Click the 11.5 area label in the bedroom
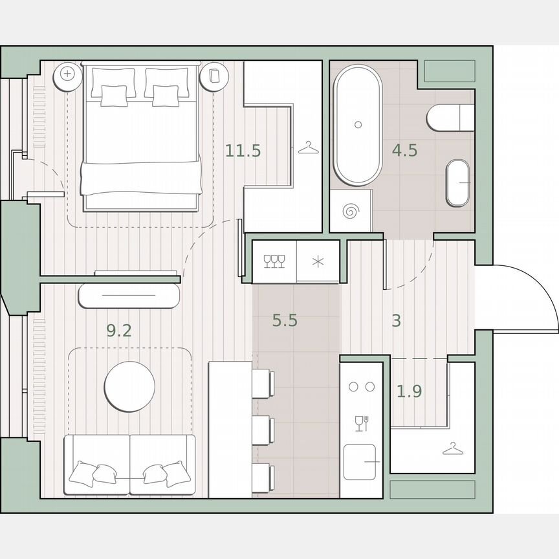tap(243, 151)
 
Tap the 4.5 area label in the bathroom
tap(404, 151)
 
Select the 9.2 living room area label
tap(119, 331)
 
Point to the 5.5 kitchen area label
tap(285, 320)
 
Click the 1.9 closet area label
tap(409, 391)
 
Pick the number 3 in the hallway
tap(397, 320)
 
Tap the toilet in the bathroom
tap(450, 118)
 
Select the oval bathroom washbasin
tap(459, 182)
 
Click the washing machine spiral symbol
tap(351, 210)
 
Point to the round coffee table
tap(130, 386)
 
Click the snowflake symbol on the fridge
tap(317, 261)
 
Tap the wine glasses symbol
tap(274, 261)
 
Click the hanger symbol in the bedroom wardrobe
tap(309, 149)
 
